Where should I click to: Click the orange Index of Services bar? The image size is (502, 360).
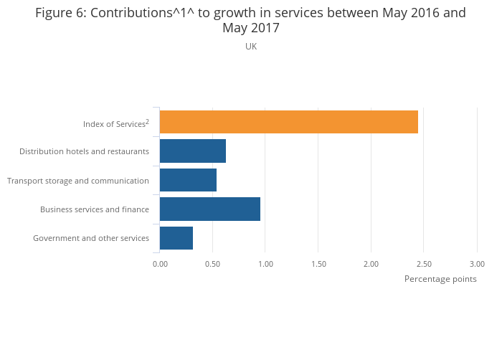point(288,122)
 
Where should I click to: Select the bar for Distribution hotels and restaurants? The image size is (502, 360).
point(192,151)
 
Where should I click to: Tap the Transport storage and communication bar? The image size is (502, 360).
point(188,180)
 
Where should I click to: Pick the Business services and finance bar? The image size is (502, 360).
point(209,209)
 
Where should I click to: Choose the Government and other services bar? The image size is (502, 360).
point(176,238)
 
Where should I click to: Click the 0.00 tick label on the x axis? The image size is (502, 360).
point(160,264)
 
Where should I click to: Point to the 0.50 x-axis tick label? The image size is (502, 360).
point(212,264)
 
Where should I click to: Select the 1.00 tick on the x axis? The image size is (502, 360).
point(265,264)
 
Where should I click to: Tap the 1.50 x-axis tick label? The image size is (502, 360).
point(318,264)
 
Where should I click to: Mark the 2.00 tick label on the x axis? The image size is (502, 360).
point(371,264)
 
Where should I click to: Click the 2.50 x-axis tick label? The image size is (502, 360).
point(424,264)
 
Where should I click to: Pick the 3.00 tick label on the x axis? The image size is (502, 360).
point(477,264)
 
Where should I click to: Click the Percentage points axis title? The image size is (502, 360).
point(440,279)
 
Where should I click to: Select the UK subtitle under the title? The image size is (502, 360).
point(251,47)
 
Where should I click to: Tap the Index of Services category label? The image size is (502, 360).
point(115,124)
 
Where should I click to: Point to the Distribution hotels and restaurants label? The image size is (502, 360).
point(84,151)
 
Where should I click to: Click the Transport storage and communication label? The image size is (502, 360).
point(78,181)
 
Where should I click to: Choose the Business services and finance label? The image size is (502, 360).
point(95,209)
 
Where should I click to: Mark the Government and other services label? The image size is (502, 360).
point(91,238)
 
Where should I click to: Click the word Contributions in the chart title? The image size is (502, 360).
point(132,13)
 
